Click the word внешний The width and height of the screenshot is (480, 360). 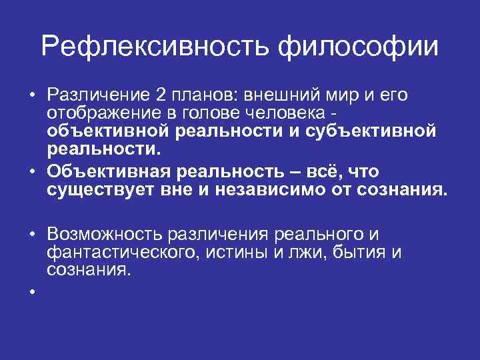[x=289, y=95]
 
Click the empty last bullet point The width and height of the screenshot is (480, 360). [x=31, y=291]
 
